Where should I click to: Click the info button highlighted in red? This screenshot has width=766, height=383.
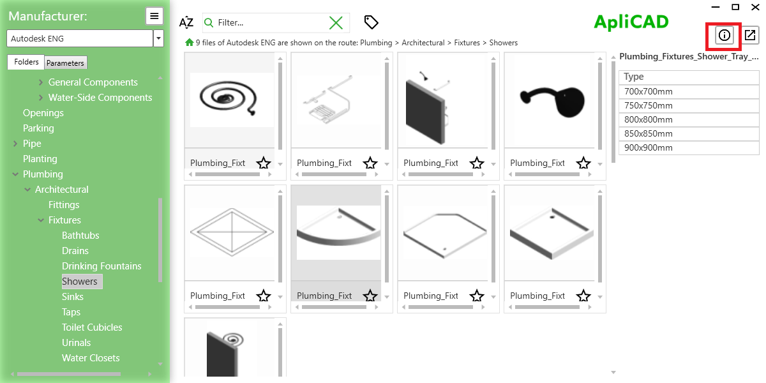pyautogui.click(x=724, y=36)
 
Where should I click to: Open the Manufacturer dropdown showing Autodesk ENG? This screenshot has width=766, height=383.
pyautogui.click(x=158, y=38)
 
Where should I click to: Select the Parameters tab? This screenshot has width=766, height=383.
pyautogui.click(x=65, y=63)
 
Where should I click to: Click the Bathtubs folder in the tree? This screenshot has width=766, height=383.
pyautogui.click(x=80, y=236)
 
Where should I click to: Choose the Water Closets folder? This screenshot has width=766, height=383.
pyautogui.click(x=91, y=358)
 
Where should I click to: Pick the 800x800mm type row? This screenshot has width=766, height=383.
pyautogui.click(x=649, y=119)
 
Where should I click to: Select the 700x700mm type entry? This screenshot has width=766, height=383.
pyautogui.click(x=649, y=91)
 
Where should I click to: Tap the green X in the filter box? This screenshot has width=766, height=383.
pyautogui.click(x=336, y=23)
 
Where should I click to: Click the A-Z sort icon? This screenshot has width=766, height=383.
pyautogui.click(x=186, y=23)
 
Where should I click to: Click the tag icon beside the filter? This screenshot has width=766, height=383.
pyautogui.click(x=371, y=22)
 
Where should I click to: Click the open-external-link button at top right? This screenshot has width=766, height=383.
pyautogui.click(x=750, y=36)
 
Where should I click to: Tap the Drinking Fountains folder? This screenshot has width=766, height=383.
pyautogui.click(x=101, y=266)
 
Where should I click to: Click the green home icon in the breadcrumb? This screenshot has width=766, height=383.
pyautogui.click(x=189, y=43)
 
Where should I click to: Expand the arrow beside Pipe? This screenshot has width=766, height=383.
pyautogui.click(x=15, y=144)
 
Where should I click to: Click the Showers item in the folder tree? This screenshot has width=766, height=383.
pyautogui.click(x=80, y=282)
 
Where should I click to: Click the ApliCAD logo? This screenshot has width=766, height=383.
pyautogui.click(x=631, y=22)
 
